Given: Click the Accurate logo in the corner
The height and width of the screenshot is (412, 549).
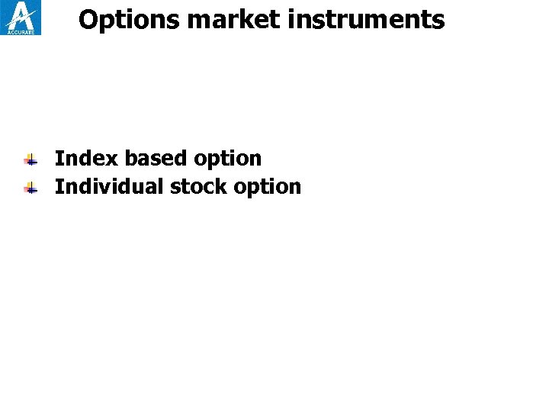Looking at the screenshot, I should coord(21,18).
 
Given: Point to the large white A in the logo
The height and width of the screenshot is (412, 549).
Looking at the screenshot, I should coord(21,14).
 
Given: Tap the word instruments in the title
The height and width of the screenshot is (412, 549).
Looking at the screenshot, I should coord(366,20).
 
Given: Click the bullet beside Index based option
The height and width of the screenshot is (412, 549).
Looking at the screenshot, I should coord(30,160).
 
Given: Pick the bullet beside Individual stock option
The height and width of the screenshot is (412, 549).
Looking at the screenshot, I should coord(30,188).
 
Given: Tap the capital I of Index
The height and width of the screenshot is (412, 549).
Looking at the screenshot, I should coord(59,159).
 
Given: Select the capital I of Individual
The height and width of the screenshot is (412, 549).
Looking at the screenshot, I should coord(59,186).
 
